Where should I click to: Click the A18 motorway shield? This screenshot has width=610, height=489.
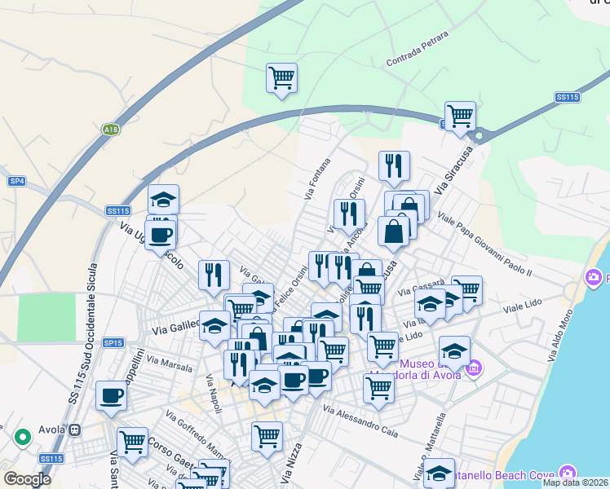click(110, 130)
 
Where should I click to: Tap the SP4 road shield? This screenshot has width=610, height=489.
click(16, 180)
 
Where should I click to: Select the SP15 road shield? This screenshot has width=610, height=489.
click(113, 343)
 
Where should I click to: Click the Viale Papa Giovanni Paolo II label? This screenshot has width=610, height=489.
click(484, 244)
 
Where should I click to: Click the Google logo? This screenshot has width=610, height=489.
click(27, 479)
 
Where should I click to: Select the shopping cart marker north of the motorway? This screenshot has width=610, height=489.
click(281, 79)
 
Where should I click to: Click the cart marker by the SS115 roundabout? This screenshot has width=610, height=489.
click(460, 116)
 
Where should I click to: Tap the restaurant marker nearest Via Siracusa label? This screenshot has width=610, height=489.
click(395, 166)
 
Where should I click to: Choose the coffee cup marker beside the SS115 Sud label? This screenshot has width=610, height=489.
click(112, 396)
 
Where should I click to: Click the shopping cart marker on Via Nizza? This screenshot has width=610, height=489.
click(267, 438)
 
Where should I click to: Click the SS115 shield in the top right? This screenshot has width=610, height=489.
click(567, 97)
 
